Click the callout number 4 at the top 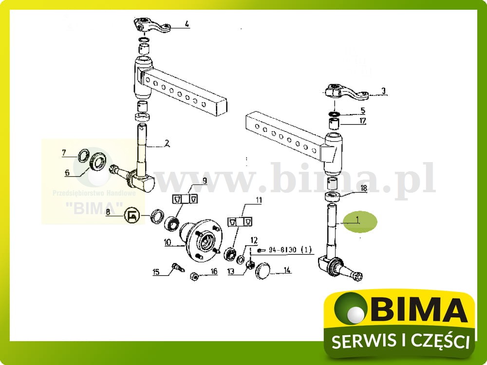[187, 23]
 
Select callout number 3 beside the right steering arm [383, 91]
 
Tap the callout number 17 [363, 121]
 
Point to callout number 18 [363, 188]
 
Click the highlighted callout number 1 [357, 220]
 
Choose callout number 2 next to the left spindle [167, 144]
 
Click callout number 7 [64, 153]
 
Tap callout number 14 [287, 270]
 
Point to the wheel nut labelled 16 [193, 276]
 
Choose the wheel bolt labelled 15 [176, 267]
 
